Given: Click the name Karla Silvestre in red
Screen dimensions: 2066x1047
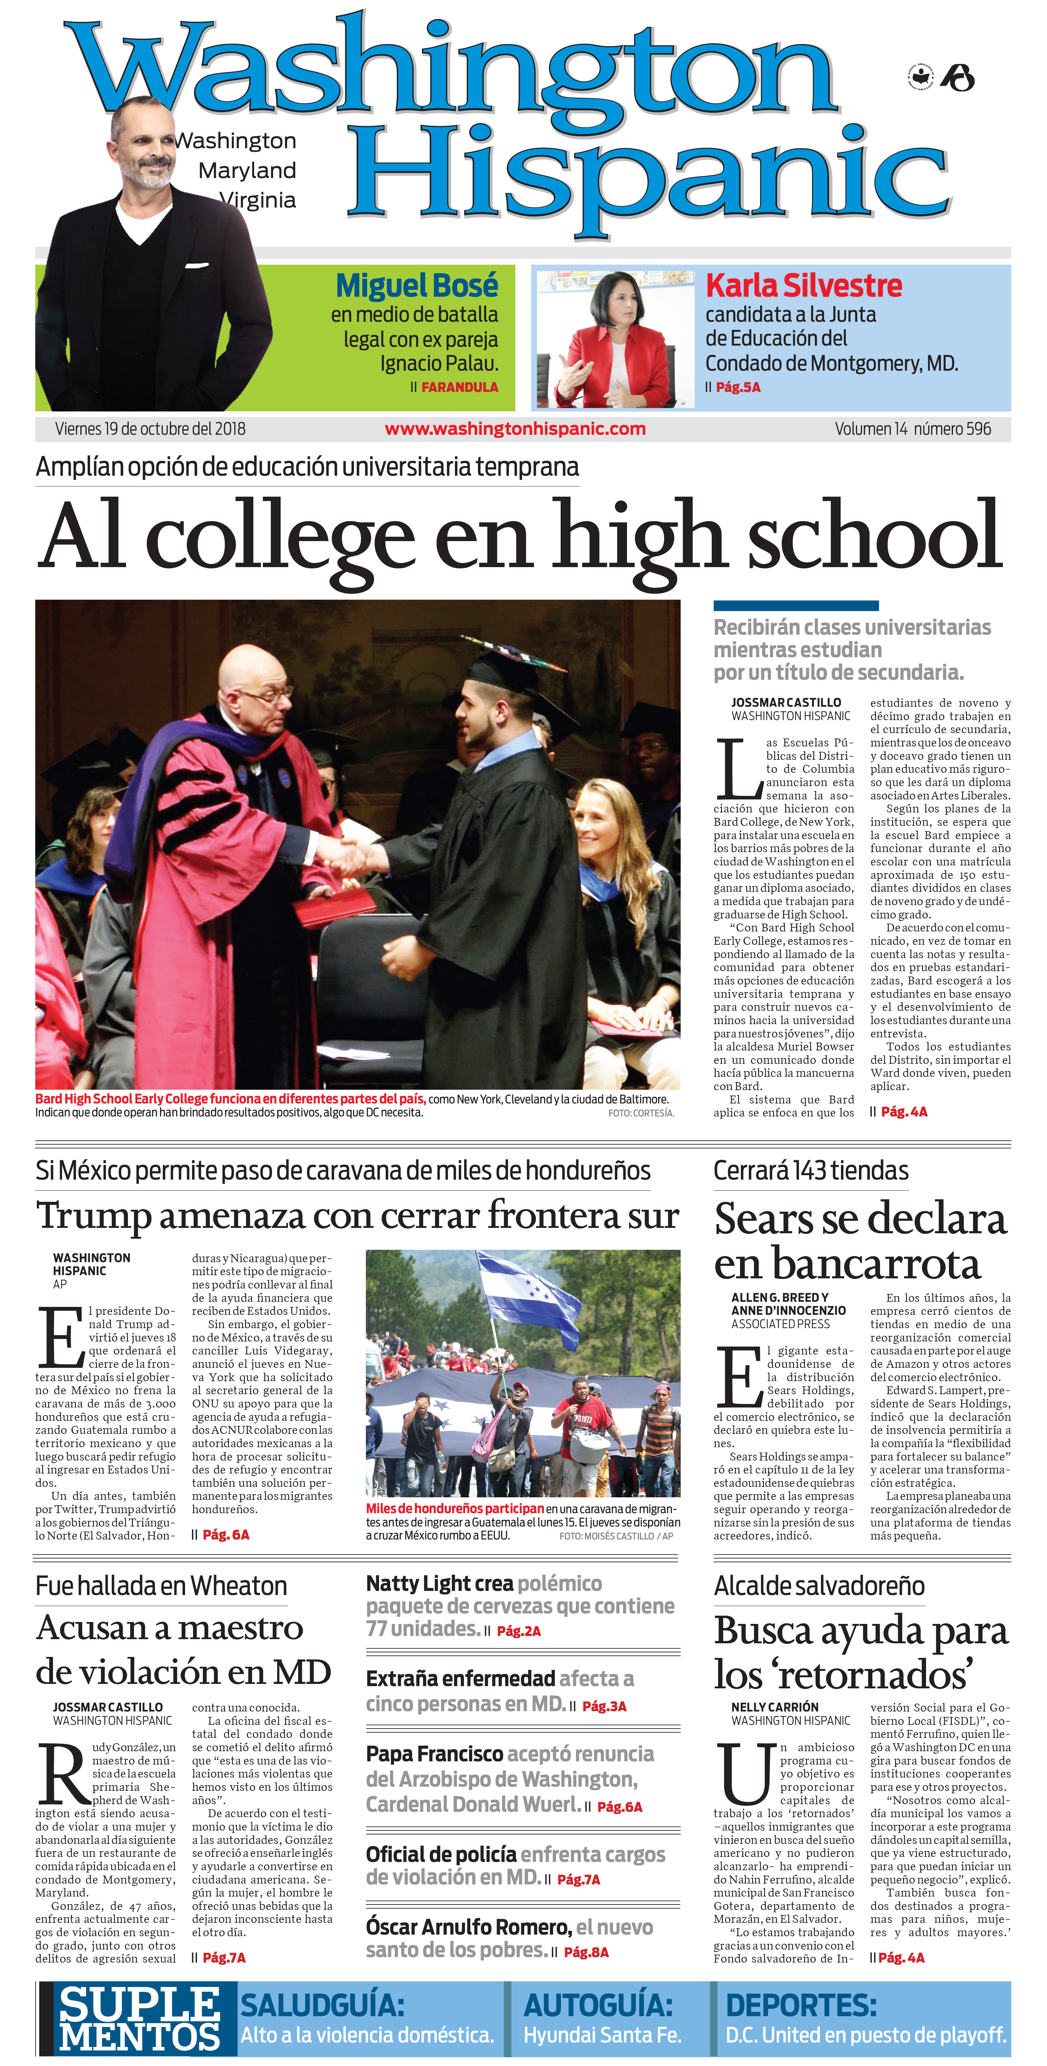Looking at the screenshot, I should coord(803,286).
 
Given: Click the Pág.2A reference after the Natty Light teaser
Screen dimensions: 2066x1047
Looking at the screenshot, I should coord(518,1631).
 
